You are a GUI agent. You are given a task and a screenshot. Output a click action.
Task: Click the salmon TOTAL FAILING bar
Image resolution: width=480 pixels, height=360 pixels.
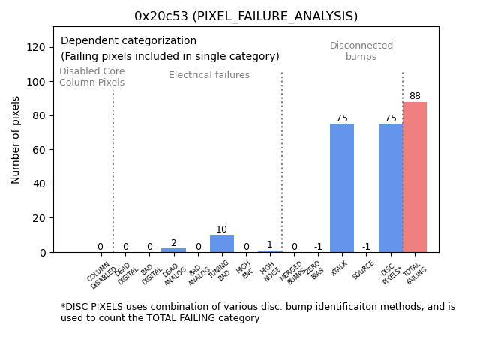coord(415,177)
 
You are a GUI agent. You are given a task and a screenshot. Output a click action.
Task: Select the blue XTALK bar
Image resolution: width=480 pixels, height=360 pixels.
coord(342,187)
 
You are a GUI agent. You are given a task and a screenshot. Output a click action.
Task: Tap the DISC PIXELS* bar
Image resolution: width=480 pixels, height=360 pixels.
coord(391,187)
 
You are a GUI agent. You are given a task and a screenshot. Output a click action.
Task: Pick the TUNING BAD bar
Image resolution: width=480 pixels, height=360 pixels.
coord(221,244)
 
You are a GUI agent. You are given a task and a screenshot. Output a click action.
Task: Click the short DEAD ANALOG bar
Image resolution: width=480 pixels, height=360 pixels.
coord(173,250)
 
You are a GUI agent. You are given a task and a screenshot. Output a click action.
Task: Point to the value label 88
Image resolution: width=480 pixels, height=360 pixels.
coord(415,96)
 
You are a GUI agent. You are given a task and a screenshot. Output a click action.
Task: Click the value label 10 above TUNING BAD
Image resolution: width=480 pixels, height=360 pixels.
coord(221,229)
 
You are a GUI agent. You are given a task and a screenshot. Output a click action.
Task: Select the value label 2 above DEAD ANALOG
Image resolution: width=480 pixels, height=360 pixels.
coord(173,243)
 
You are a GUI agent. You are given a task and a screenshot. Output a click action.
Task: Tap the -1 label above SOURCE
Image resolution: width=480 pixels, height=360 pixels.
coord(366,247)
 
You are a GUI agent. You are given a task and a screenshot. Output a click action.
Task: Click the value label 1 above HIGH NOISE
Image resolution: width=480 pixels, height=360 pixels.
coord(270,244)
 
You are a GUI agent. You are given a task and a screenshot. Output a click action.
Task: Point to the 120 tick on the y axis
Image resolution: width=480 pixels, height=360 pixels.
coord(36,47)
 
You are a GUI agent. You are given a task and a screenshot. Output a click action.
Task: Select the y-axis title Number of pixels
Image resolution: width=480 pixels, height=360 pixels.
coord(16,139)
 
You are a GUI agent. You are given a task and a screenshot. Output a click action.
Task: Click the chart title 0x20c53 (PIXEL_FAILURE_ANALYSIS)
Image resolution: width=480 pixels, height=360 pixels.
coord(246,16)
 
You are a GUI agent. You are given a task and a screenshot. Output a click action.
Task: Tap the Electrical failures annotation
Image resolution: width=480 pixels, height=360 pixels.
coord(209,75)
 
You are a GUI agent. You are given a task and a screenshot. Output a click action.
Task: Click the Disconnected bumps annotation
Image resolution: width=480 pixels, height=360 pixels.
coord(361,51)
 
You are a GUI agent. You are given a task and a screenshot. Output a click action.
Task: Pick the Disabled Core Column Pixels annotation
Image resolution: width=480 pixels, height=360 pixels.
coord(92,76)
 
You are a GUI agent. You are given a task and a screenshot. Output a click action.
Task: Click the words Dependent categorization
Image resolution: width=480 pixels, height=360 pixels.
coord(128,41)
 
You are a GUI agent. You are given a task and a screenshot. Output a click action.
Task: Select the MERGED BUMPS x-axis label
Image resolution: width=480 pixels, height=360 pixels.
coord(290,271)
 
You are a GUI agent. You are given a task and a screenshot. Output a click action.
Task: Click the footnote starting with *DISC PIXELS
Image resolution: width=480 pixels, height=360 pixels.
coord(257,312)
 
